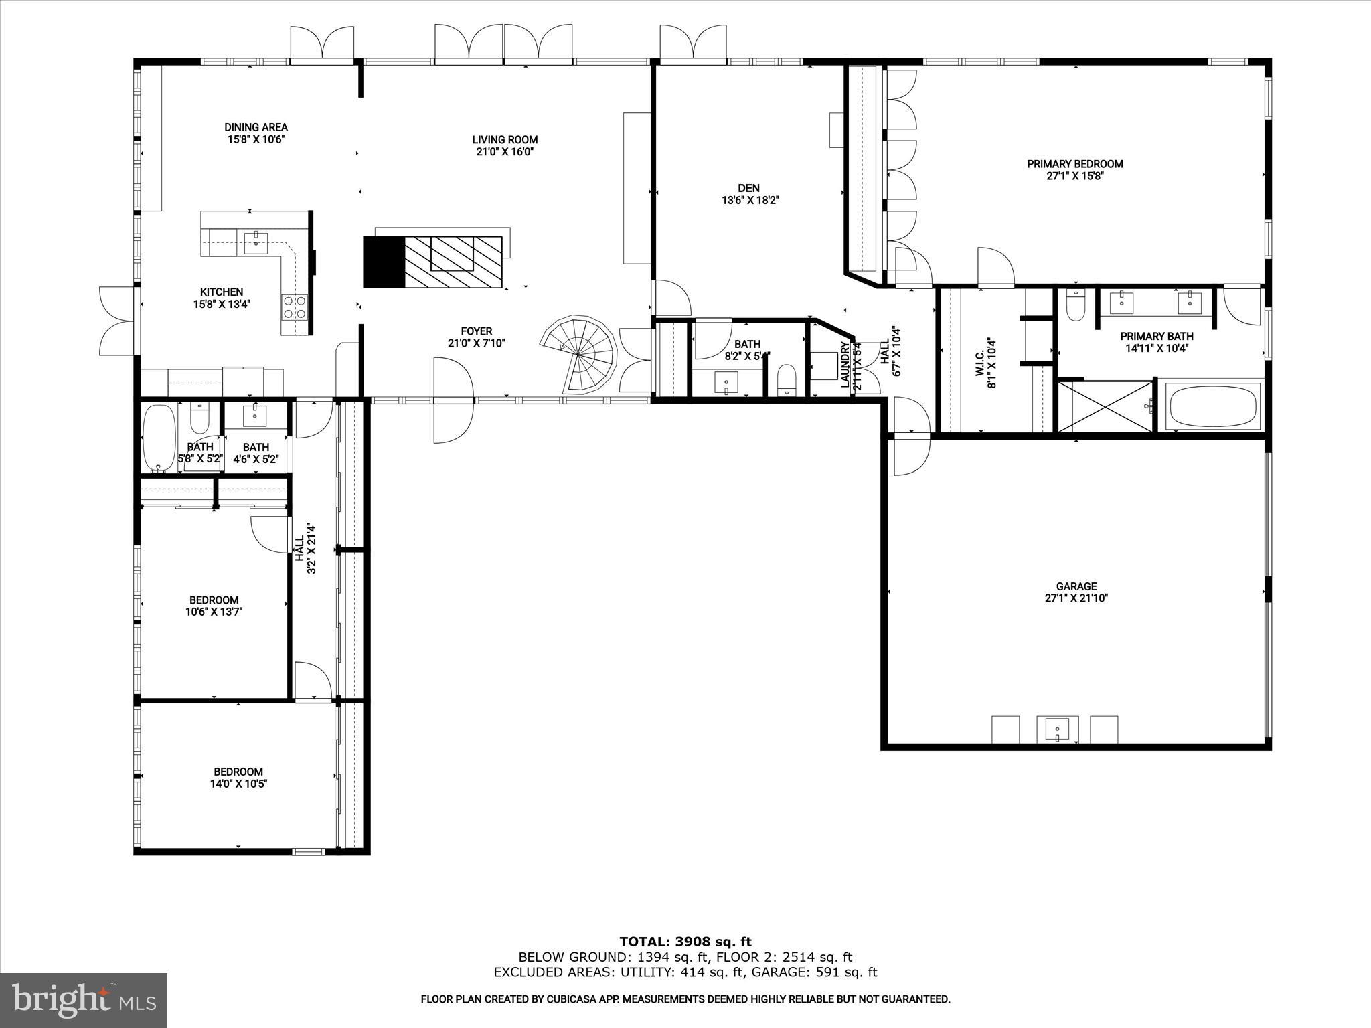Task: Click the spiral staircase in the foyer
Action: tap(580, 353)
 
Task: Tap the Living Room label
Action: tap(505, 139)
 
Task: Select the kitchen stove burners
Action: tap(295, 307)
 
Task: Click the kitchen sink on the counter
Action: tap(256, 241)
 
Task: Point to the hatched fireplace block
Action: tap(453, 262)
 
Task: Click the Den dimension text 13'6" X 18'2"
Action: tap(749, 200)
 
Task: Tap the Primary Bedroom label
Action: tap(1074, 164)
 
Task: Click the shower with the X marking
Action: tap(1105, 406)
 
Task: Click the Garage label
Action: tap(1076, 586)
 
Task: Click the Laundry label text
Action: tap(845, 365)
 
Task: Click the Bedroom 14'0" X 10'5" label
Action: tap(238, 772)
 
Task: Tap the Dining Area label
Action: tap(256, 127)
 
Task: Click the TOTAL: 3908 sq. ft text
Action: tap(685, 942)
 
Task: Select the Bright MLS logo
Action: tap(84, 1000)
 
